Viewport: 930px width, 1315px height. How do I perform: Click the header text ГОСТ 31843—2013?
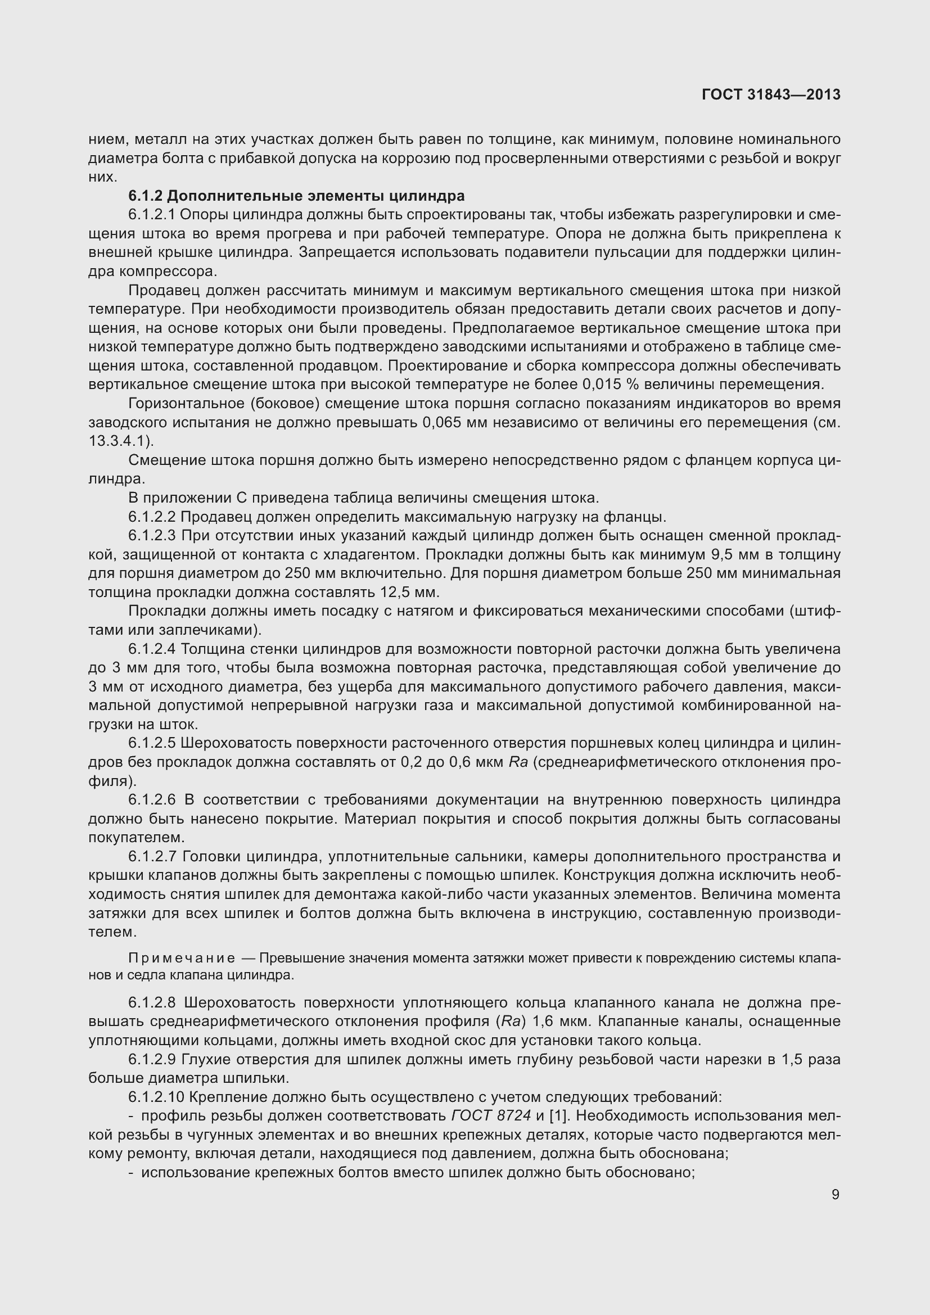click(771, 94)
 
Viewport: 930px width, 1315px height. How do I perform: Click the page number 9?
click(836, 1194)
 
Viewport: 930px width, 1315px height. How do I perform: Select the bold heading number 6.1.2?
click(146, 196)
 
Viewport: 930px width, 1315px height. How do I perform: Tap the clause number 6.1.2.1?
click(152, 215)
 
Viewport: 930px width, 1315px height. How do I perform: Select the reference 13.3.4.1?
click(119, 441)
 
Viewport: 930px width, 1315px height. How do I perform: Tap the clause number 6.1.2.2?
click(152, 517)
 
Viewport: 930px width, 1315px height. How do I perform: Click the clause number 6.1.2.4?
click(152, 649)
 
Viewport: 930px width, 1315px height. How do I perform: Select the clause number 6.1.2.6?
click(152, 800)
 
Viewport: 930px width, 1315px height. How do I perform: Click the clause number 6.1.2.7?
click(152, 857)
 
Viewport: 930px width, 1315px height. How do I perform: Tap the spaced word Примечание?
click(182, 958)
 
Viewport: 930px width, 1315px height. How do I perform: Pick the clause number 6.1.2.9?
click(152, 1059)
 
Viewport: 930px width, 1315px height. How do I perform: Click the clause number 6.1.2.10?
click(156, 1097)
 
